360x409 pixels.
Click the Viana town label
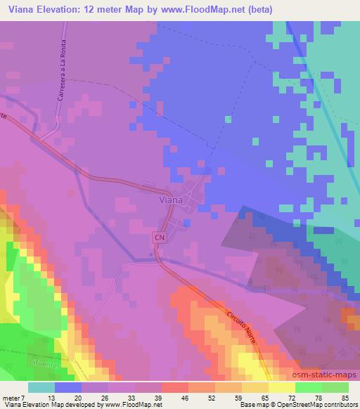172,200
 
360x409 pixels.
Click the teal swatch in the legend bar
41,387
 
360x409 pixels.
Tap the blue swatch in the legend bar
67,387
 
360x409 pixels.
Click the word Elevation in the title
63,9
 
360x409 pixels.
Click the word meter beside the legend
12,398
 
